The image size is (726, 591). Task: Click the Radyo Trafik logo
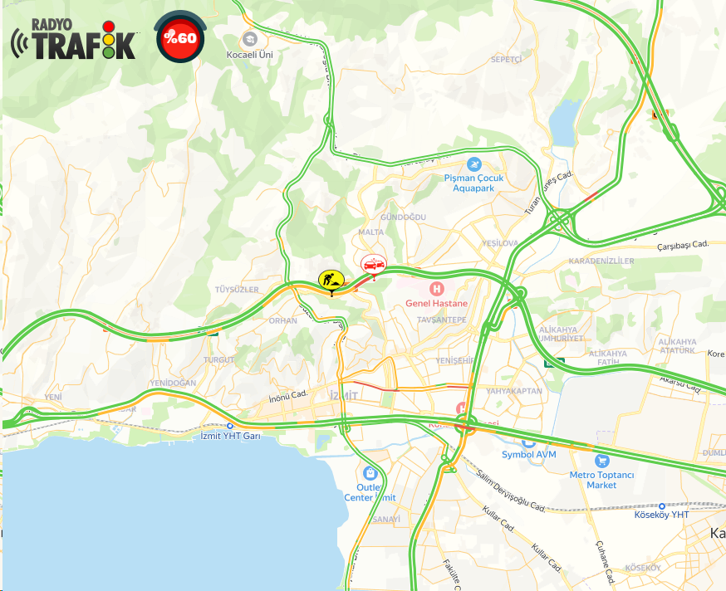(x=73, y=40)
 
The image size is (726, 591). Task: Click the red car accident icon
(x=374, y=264)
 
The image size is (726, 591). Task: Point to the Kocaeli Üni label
(x=250, y=54)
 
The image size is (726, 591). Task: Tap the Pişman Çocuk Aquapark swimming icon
(x=474, y=164)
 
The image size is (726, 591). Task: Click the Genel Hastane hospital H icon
(x=436, y=288)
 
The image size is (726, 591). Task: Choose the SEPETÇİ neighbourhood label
(x=506, y=60)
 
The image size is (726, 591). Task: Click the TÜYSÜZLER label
(x=238, y=289)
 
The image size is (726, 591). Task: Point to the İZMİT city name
(x=344, y=395)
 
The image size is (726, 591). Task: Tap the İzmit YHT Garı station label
(x=232, y=436)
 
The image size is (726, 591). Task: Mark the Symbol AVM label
(x=528, y=454)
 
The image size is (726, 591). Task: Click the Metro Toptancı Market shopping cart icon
(x=602, y=461)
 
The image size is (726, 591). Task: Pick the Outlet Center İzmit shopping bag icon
(x=370, y=472)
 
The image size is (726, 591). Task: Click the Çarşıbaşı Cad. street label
(x=682, y=244)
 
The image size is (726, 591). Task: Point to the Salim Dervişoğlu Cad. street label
(x=511, y=490)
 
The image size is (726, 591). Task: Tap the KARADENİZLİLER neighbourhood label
(x=601, y=261)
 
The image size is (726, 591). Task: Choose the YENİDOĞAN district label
(x=173, y=383)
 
